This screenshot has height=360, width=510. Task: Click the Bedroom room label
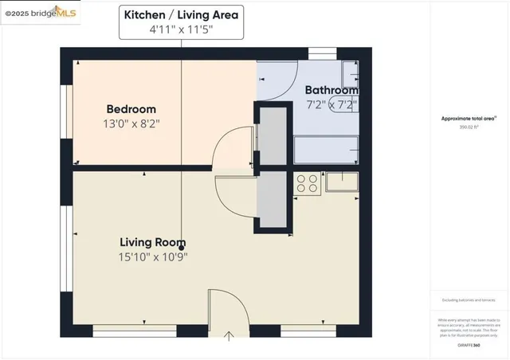pyautogui.click(x=131, y=109)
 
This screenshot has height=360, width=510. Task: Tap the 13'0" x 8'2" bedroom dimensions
pyautogui.click(x=131, y=123)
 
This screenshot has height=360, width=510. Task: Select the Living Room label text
pyautogui.click(x=153, y=242)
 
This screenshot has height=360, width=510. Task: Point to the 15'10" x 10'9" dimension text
pyautogui.click(x=153, y=256)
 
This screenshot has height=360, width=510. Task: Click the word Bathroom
pyautogui.click(x=332, y=90)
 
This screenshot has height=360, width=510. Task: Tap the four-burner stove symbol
pyautogui.click(x=307, y=184)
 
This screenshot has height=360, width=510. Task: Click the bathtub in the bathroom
pyautogui.click(x=326, y=149)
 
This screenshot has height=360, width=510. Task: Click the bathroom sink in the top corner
pyautogui.click(x=351, y=75)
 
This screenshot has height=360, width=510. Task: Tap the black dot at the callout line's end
pyautogui.click(x=182, y=248)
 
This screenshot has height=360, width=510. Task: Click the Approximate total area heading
pyautogui.click(x=469, y=118)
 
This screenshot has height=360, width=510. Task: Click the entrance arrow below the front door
pyautogui.click(x=229, y=335)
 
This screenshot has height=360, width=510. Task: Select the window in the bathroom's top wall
pyautogui.click(x=323, y=53)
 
